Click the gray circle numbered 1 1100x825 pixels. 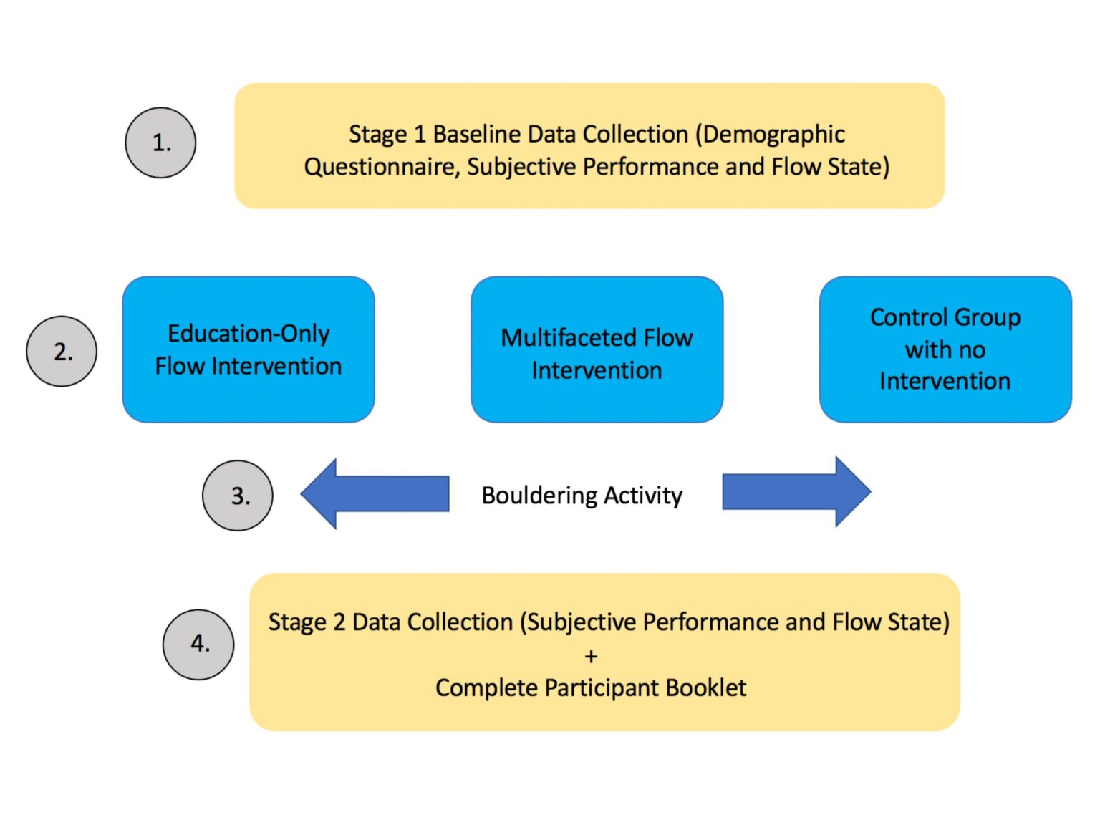click(160, 143)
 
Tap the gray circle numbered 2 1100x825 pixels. click(62, 351)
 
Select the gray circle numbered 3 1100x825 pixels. click(238, 495)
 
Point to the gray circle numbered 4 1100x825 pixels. click(198, 644)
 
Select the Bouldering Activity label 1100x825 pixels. click(582, 495)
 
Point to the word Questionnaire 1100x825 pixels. click(382, 167)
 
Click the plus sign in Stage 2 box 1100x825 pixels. click(591, 655)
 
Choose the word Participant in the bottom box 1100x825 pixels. click(602, 687)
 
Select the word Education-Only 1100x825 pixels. click(249, 333)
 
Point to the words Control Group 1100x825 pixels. click(945, 317)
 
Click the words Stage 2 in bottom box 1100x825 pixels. click(307, 622)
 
